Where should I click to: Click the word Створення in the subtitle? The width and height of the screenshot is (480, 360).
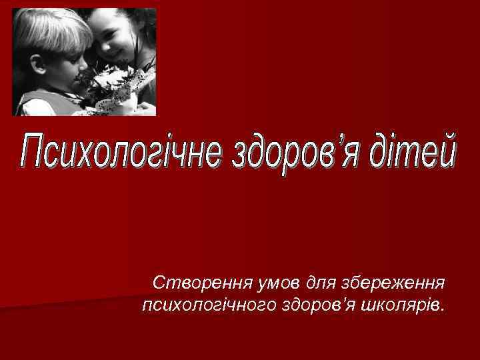coord(193,283)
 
